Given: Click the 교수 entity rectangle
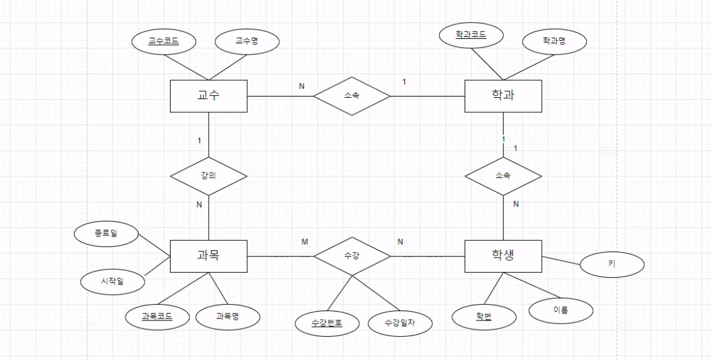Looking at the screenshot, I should point(209,97).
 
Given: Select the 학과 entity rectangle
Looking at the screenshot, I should point(504,97).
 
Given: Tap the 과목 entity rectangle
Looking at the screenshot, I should point(209,256).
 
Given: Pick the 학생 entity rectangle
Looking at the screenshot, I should point(504,256).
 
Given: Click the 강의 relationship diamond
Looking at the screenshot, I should point(209,176).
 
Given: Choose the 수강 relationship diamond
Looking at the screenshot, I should point(352,256).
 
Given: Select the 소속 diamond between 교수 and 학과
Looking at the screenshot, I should point(352,97).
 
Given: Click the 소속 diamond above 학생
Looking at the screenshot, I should point(504,176).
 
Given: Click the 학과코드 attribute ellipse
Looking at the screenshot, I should point(471,35).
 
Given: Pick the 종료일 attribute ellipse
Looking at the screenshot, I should point(106,235).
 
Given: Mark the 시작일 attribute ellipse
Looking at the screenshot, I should point(112,282).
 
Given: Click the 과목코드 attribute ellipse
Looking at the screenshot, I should point(156,317).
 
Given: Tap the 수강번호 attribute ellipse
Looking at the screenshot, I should point(327,323).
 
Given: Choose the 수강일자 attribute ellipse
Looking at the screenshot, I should point(399,323).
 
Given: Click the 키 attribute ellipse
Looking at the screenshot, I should point(612,265).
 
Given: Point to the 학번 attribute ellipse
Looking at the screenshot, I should point(483,317).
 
